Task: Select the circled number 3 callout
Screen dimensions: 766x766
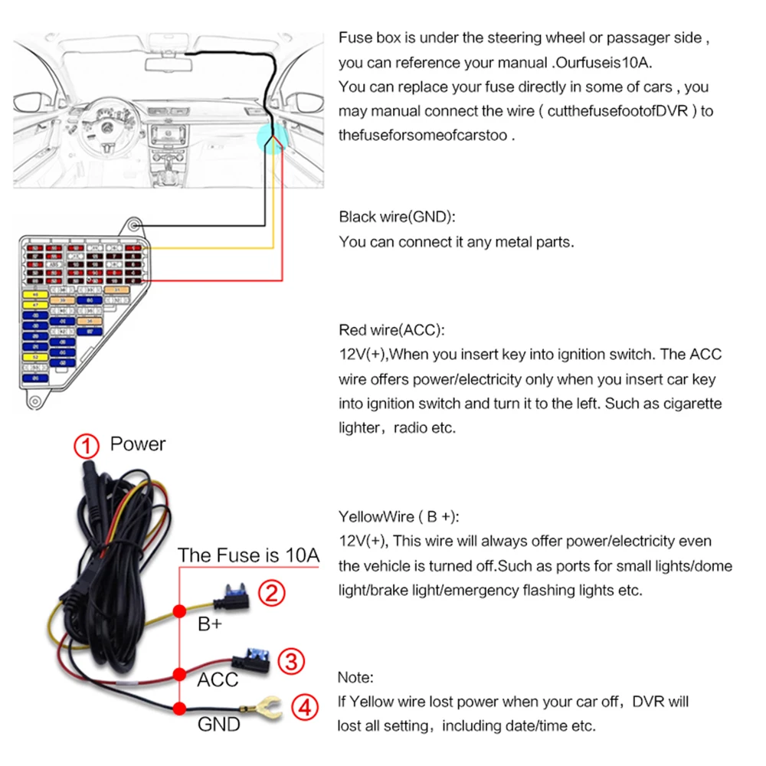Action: point(291,660)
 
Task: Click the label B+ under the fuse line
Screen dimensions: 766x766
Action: point(210,624)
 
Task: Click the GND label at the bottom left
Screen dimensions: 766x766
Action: point(219,724)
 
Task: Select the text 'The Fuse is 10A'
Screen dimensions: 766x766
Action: point(249,555)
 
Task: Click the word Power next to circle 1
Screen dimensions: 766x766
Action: point(138,444)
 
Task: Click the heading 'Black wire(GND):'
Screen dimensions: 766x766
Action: point(397,217)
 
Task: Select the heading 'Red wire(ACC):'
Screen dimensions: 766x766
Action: point(391,330)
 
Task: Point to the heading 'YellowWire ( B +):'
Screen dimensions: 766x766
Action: point(399,516)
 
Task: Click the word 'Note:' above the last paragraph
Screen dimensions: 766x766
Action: point(355,678)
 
